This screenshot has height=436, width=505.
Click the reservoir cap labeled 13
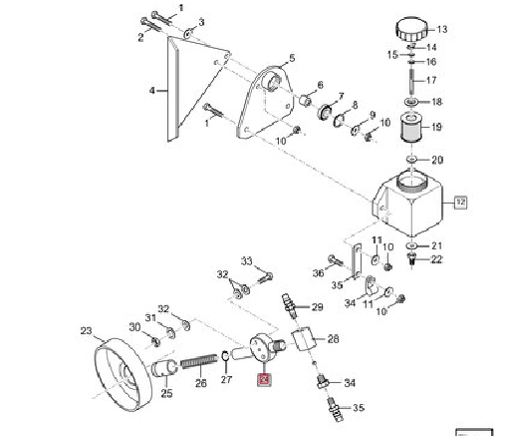[x=410, y=30]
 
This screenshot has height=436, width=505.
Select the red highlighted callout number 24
[x=265, y=379]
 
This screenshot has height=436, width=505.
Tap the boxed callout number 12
[x=460, y=202]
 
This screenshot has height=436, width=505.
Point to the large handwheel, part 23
[x=124, y=374]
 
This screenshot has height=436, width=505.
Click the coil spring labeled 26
[x=199, y=361]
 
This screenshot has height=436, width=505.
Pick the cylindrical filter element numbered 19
[x=411, y=128]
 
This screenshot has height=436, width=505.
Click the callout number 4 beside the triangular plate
[x=152, y=90]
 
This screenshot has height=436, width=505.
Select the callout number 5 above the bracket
[x=292, y=58]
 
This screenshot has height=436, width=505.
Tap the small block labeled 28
[x=303, y=338]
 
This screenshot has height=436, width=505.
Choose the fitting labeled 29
[x=289, y=305]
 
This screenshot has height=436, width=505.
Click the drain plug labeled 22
[x=411, y=259]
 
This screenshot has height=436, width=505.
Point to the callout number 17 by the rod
[x=431, y=80]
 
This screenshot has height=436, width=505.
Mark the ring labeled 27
[x=225, y=356]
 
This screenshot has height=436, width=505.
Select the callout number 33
[x=247, y=261]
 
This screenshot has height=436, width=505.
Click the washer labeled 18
[x=411, y=102]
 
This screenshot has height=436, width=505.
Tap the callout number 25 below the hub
[x=166, y=393]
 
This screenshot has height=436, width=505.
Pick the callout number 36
[x=318, y=273]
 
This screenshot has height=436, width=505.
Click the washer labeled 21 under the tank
[x=411, y=245]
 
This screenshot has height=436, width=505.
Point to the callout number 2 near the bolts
[x=140, y=37]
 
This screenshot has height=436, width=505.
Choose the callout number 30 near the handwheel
[x=134, y=327]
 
